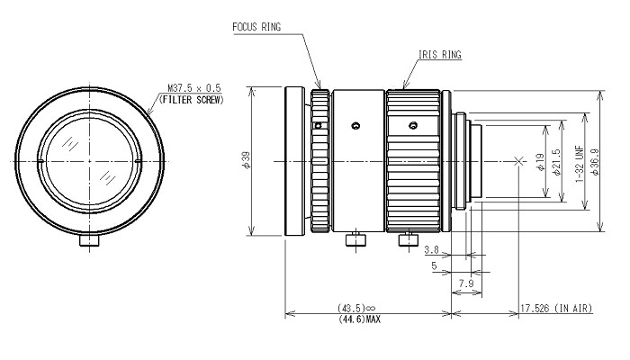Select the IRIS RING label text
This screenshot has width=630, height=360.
tap(440, 56)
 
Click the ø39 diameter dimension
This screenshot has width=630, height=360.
tap(246, 160)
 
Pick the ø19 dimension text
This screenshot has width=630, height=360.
tap(539, 163)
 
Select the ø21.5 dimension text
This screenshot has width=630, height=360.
tap(555, 162)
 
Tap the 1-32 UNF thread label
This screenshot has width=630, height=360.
tap(580, 162)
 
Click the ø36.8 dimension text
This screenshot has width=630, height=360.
tap(597, 161)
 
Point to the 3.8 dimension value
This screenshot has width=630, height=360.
tap(431, 249)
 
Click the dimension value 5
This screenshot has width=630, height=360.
tap(435, 267)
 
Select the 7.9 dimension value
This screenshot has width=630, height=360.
tap(467, 283)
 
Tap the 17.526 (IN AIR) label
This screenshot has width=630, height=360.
tap(554, 309)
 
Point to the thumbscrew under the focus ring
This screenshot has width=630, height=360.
tap(356, 239)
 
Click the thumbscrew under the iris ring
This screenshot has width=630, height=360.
tap(407, 238)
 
